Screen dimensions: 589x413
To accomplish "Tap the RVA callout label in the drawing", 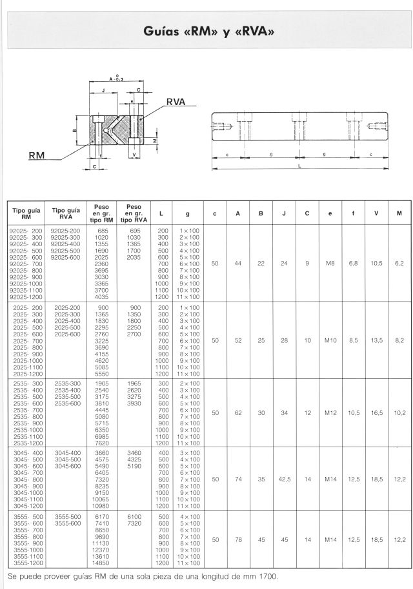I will pyautogui.click(x=176, y=102).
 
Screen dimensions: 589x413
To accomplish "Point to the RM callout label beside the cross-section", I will pyautogui.click(x=37, y=155).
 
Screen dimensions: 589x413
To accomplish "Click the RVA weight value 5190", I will pyautogui.click(x=135, y=467).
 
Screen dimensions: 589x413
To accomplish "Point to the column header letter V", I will pyautogui.click(x=377, y=213).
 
